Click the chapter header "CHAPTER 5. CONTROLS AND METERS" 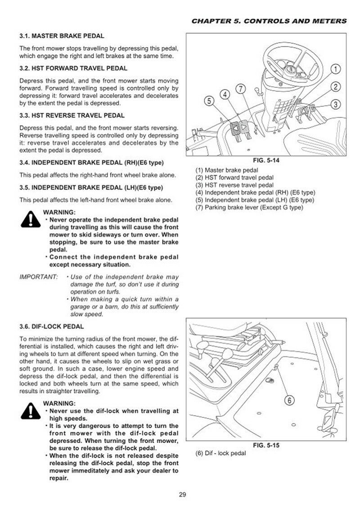269,21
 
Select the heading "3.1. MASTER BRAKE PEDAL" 62,36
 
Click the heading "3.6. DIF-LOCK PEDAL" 51,326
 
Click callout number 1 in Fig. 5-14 334,69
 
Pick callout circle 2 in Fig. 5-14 335,86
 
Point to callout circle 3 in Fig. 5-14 335,104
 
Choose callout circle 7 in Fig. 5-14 241,89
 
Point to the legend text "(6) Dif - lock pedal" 220,453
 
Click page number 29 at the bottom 182,496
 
